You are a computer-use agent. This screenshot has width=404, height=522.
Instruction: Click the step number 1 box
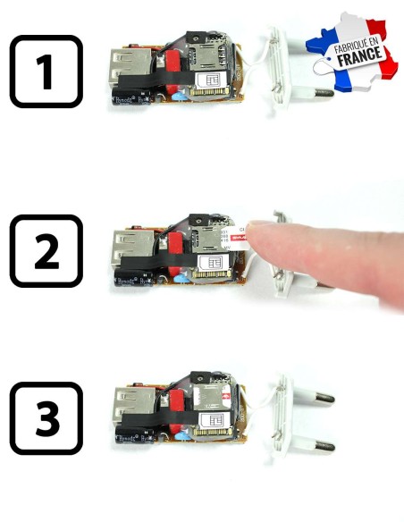(46, 71)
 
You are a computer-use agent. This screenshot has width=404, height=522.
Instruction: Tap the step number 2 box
(46, 251)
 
